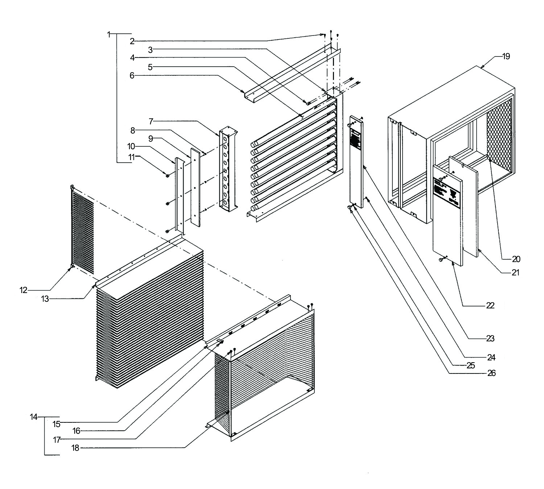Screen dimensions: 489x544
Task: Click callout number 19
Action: (x=506, y=57)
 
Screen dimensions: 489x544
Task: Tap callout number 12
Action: (x=24, y=290)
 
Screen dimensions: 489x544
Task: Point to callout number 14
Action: (x=34, y=417)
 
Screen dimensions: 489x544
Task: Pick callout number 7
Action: (x=151, y=121)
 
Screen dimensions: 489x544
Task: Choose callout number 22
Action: (x=490, y=306)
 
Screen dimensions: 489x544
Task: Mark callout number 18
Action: (x=75, y=448)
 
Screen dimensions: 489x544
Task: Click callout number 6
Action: (x=132, y=75)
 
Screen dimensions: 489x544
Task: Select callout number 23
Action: (x=490, y=339)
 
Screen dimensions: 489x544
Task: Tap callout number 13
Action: (x=45, y=299)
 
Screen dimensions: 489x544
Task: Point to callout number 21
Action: (x=515, y=273)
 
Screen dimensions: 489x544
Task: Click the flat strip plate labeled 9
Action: (x=195, y=188)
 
